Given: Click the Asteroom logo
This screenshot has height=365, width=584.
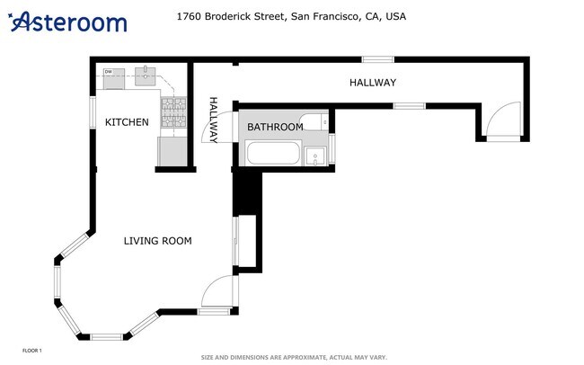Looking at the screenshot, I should tap(68, 22).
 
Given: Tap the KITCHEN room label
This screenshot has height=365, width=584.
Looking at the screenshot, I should tap(127, 122).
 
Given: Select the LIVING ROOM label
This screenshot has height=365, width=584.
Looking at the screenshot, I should tap(157, 240).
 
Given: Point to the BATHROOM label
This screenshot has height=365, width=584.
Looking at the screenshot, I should tap(275, 127).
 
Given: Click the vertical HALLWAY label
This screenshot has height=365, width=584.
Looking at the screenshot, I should tap(214, 120).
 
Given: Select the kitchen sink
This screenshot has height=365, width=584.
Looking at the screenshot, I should tap(146, 75).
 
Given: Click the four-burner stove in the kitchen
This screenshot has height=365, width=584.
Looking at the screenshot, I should tap(172, 111).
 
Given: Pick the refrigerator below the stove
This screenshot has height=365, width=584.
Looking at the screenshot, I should tap(172, 151).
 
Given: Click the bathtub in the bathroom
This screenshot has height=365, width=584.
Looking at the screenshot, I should tap(274, 154).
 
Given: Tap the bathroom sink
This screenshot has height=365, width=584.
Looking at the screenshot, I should tap(315, 157).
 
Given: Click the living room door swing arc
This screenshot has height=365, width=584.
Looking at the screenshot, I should tap(217, 292).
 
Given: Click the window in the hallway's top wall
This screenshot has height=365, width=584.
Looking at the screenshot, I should tap(378, 59).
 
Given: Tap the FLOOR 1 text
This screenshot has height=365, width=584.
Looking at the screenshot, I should tap(31, 350).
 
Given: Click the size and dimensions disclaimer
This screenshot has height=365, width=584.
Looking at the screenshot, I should tap(293, 356).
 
